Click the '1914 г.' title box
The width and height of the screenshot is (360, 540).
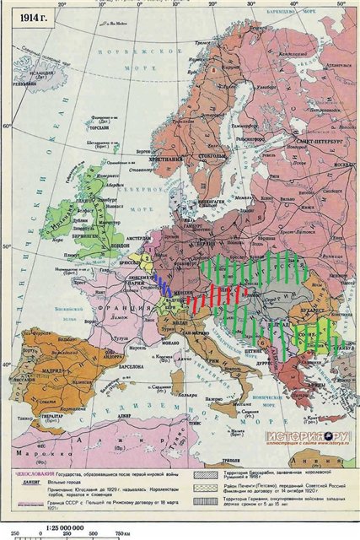(26, 19)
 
